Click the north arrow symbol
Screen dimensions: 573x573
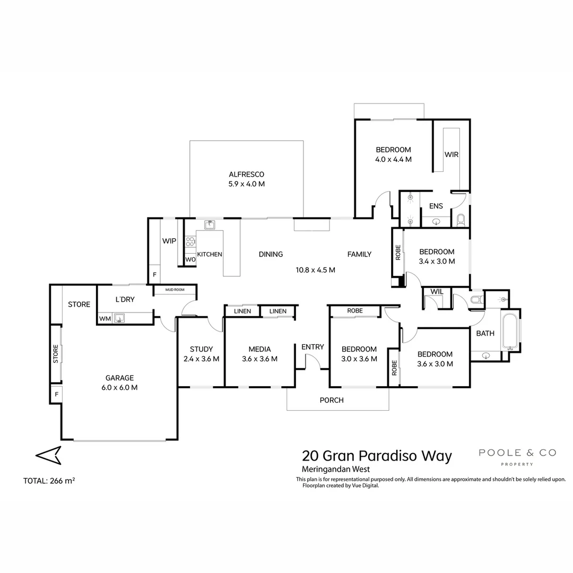48,455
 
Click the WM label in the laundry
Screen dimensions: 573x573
105,318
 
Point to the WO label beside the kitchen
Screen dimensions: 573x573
190,259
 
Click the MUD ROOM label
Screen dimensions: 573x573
174,290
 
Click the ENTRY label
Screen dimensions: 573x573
312,347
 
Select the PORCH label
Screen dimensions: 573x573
332,400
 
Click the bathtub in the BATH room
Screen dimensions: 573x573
509,332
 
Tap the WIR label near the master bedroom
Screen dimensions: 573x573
451,154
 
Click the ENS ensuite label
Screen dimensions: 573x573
436,206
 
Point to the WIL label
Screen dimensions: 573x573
437,292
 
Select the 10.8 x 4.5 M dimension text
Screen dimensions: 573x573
315,270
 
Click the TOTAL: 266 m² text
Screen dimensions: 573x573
49,481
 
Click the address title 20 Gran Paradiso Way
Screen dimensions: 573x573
377,456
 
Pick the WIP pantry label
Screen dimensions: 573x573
169,241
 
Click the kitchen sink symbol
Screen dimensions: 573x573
210,224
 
